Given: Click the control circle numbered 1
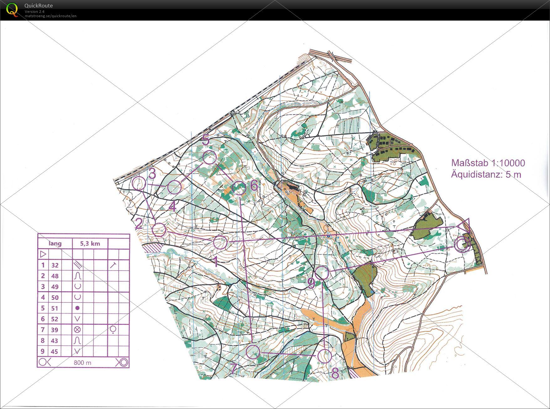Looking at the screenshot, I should coord(221,242).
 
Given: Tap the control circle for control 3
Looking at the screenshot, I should coord(139,183).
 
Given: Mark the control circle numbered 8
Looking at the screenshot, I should coord(325,356).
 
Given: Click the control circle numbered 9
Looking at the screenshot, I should coord(322,273).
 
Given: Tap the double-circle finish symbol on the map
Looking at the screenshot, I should coord(463,244).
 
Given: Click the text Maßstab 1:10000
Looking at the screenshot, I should coord(488,163).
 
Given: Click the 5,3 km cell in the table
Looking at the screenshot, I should coord(90,243).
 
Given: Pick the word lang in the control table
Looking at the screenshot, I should coord(55,243).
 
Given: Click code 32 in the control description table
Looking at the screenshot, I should coord(55,265).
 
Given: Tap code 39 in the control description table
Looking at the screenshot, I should coord(55,330).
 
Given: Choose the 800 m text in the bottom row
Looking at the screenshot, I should coord(82,363).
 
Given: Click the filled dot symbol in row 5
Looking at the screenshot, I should coord(77,308).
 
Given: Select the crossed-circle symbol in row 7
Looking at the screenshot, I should coord(77,330).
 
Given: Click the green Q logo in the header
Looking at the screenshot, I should coord(12,9).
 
